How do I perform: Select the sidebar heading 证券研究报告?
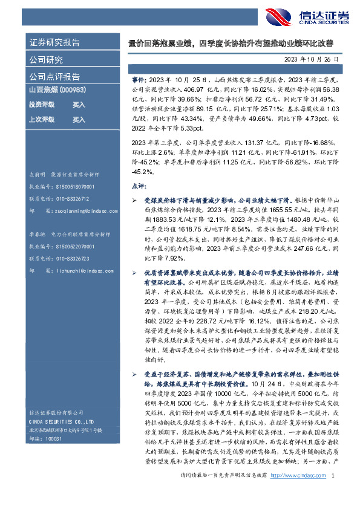point(54,43)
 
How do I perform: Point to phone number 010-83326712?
point(73,199)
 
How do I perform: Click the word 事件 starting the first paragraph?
point(139,80)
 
